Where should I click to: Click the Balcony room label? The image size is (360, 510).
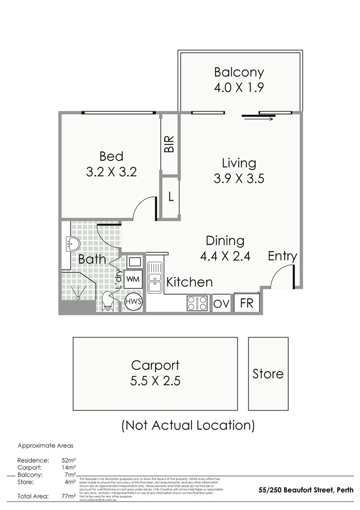pos(239,72)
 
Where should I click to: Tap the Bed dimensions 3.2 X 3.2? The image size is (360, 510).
pos(111,172)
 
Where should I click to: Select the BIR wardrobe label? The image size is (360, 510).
pos(169,144)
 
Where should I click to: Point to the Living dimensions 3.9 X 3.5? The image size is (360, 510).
pos(239,178)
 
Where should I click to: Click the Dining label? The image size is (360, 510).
pos(225,240)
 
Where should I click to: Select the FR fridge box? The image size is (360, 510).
pos(247,303)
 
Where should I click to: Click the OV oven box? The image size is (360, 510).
pos(221,304)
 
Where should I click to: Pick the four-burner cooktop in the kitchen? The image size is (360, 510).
pos(197,303)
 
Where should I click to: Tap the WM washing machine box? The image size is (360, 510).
pos(133,279)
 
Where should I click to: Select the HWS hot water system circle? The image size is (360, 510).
pos(133,302)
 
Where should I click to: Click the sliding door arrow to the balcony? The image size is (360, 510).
pos(259,119)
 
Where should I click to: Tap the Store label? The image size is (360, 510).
pos(268,374)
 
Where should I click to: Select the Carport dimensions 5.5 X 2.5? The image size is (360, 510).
pos(155,381)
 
